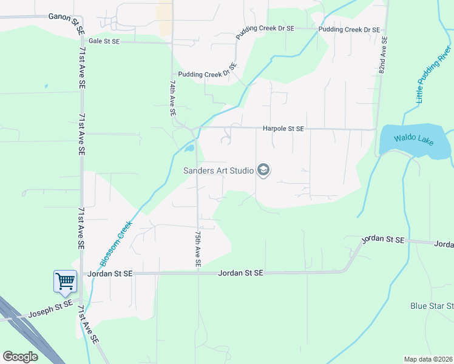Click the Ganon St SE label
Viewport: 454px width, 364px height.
pos(66,17)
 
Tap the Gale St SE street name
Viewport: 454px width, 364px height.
pos(104,41)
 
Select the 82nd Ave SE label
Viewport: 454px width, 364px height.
pos(384,55)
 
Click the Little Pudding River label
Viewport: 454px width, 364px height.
pos(428,73)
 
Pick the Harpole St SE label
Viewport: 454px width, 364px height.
pos(283,129)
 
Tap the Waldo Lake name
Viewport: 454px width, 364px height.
pos(413,140)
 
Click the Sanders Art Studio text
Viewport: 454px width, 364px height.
pos(219,170)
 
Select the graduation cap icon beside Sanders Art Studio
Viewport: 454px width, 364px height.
pos(263,170)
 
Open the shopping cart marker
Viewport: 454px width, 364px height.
pos(65,281)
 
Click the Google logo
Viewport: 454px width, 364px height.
pos(20,357)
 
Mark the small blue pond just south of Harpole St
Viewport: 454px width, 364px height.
pos(189,147)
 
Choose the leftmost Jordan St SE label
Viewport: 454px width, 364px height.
pos(109,274)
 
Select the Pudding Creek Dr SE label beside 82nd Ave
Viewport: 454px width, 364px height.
pos(349,29)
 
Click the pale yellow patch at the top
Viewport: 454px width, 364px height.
pos(164,16)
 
